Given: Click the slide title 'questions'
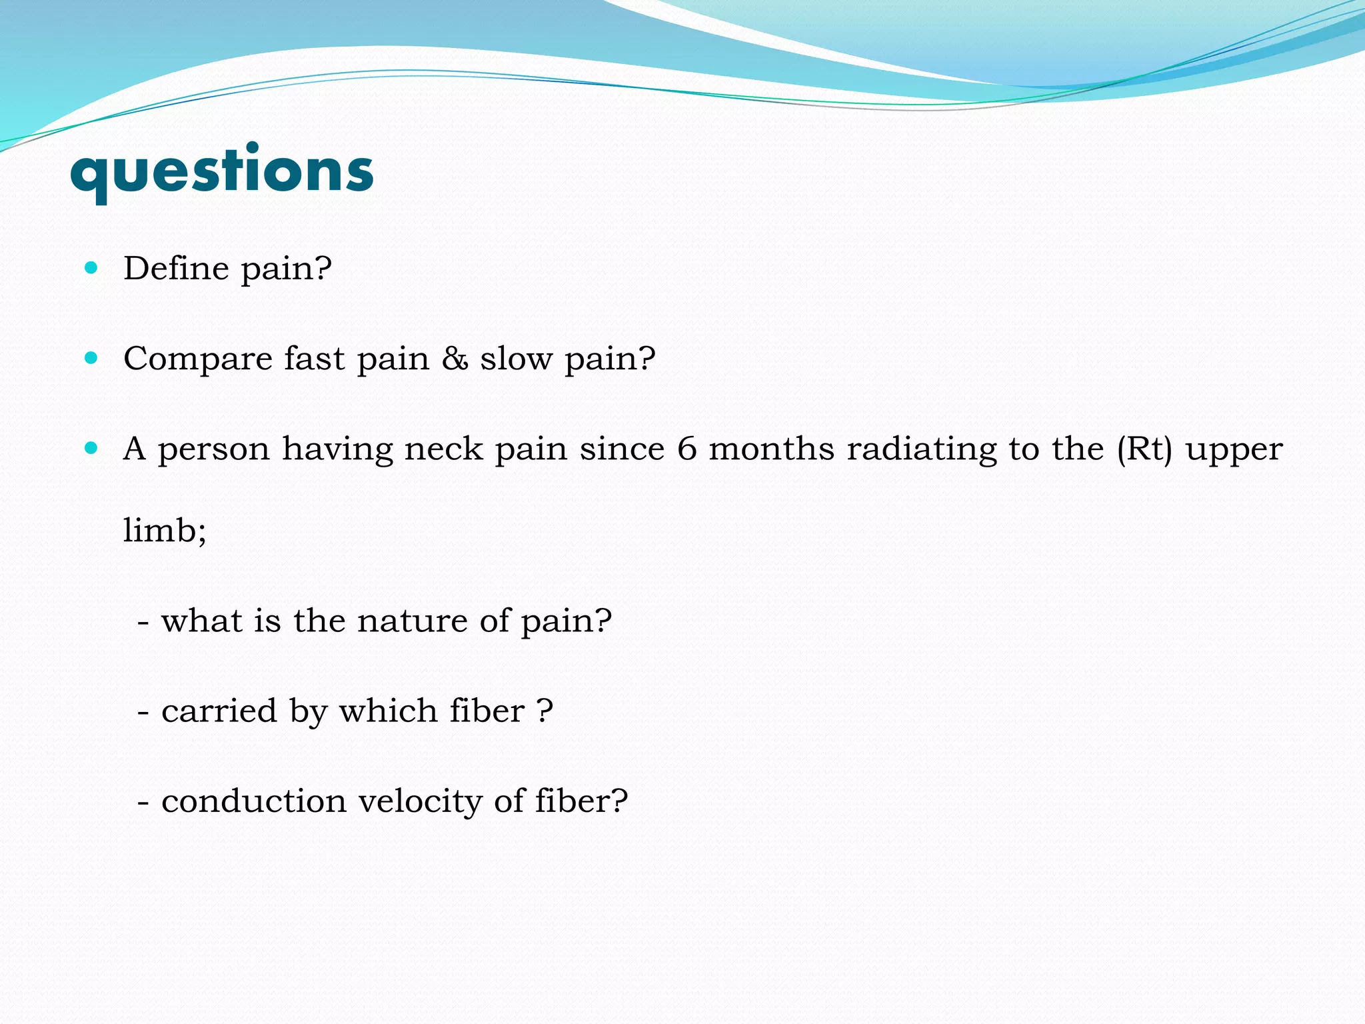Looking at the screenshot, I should point(221,171).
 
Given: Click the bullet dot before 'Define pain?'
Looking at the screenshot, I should point(91,268).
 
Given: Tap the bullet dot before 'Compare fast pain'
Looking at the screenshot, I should point(91,358).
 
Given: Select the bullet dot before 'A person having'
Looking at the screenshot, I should point(91,448).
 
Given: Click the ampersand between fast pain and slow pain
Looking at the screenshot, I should point(455,359).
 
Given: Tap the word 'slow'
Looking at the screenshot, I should point(517,359).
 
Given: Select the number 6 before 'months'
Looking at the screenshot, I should point(686,449).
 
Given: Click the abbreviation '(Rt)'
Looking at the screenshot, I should point(1144,449).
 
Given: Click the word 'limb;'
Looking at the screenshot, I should point(165,531).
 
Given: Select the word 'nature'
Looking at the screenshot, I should point(412,621).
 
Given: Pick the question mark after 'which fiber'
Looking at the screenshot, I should point(545,711).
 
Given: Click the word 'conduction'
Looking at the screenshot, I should point(254,801).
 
